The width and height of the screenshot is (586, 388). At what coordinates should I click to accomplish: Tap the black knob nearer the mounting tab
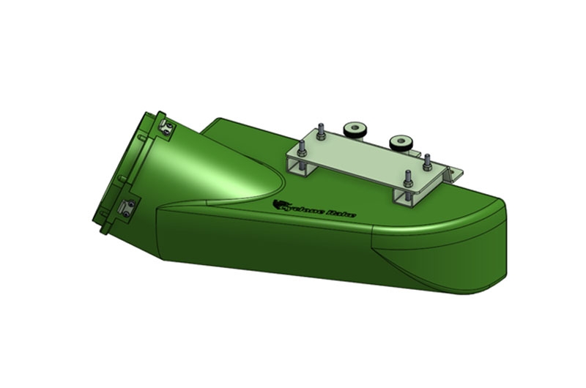coord(399,141)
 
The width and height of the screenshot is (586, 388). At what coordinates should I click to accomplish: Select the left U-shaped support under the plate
coord(303,171)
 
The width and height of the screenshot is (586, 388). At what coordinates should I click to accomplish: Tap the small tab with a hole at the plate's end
coord(455,173)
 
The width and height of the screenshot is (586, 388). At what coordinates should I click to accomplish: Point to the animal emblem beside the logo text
coord(277,204)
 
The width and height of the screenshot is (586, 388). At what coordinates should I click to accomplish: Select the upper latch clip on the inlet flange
coord(167,128)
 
